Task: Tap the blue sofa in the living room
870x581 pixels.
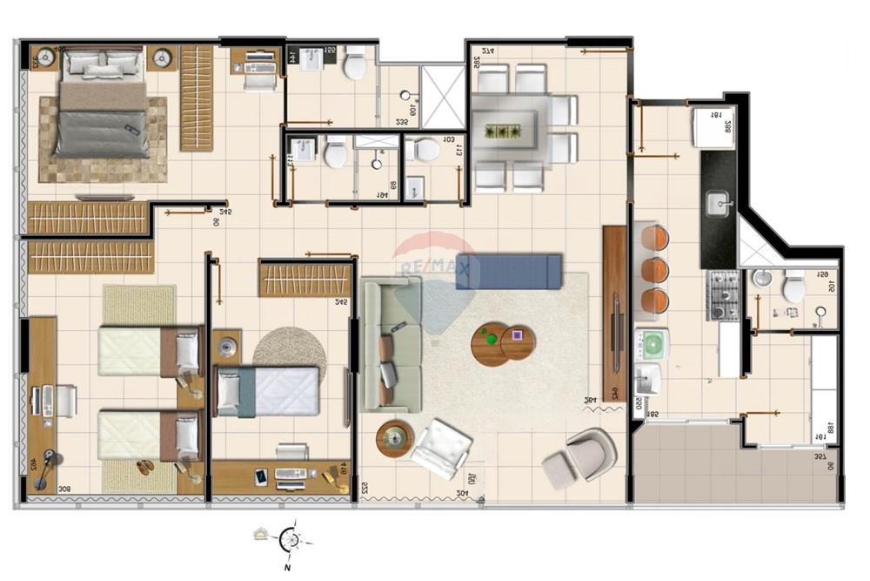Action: (x=509, y=270)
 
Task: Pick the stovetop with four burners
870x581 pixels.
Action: (x=725, y=294)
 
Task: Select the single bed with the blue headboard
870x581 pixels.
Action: (x=268, y=391)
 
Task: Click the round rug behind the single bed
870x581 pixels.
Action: (x=289, y=348)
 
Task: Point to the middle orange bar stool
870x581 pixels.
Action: (x=656, y=270)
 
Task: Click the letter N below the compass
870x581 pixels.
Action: (x=287, y=567)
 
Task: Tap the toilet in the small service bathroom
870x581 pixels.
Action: (x=793, y=287)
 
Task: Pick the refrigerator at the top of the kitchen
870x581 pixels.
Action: (x=713, y=127)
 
